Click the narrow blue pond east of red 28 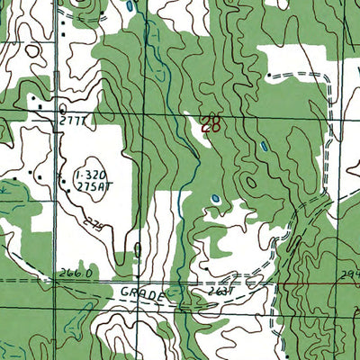pos(263,146)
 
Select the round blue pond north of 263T pos(214,199)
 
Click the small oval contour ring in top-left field pos(33,51)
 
